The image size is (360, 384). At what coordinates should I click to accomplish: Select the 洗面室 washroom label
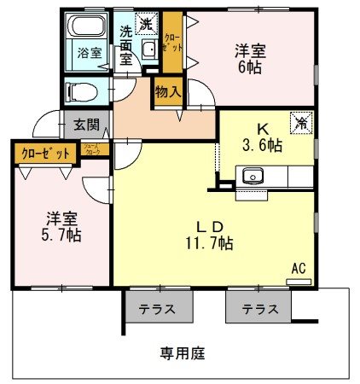(127, 45)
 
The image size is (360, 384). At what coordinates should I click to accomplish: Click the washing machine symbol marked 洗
(148, 23)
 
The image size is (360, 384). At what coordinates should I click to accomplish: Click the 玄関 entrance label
(85, 125)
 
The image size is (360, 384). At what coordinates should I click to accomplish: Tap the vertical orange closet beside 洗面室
(172, 43)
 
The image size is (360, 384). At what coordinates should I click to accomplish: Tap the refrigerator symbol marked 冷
(301, 122)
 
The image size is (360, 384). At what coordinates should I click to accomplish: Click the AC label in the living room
(299, 267)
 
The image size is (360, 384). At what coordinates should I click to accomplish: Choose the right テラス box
(258, 308)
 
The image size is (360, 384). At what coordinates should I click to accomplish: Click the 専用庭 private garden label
(182, 352)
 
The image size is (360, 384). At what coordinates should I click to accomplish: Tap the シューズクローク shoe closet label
(93, 149)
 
